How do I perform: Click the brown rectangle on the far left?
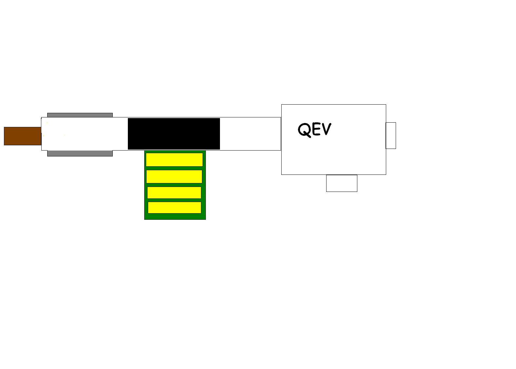[23, 136]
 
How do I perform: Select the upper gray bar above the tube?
[80, 115]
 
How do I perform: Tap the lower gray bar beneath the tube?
[80, 154]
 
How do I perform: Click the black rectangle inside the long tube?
[174, 134]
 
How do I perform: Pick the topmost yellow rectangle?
[174, 160]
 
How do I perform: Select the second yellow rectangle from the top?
[174, 176]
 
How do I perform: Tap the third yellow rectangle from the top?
[174, 193]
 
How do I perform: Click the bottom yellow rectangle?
[174, 208]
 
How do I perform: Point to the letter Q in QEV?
[305, 130]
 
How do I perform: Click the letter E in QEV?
[317, 129]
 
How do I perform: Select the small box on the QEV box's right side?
[391, 135]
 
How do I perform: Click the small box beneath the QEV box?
[342, 183]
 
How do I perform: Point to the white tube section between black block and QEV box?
[250, 134]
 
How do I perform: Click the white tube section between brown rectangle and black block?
[85, 134]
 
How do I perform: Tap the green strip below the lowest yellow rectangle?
[175, 216]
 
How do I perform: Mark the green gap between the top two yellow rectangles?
[174, 168]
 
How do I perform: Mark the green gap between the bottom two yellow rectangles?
[174, 200]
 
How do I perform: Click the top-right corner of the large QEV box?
[386, 105]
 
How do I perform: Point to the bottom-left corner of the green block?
[145, 219]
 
